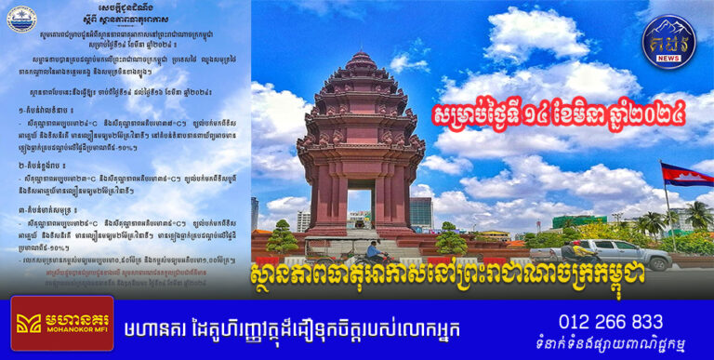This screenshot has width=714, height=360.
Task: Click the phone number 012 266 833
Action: click(x=609, y=322)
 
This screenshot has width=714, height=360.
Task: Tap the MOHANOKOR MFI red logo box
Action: click(x=62, y=322)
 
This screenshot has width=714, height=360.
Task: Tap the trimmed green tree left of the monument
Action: click(x=282, y=238)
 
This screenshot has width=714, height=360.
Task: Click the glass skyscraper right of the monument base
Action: click(x=420, y=213)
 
